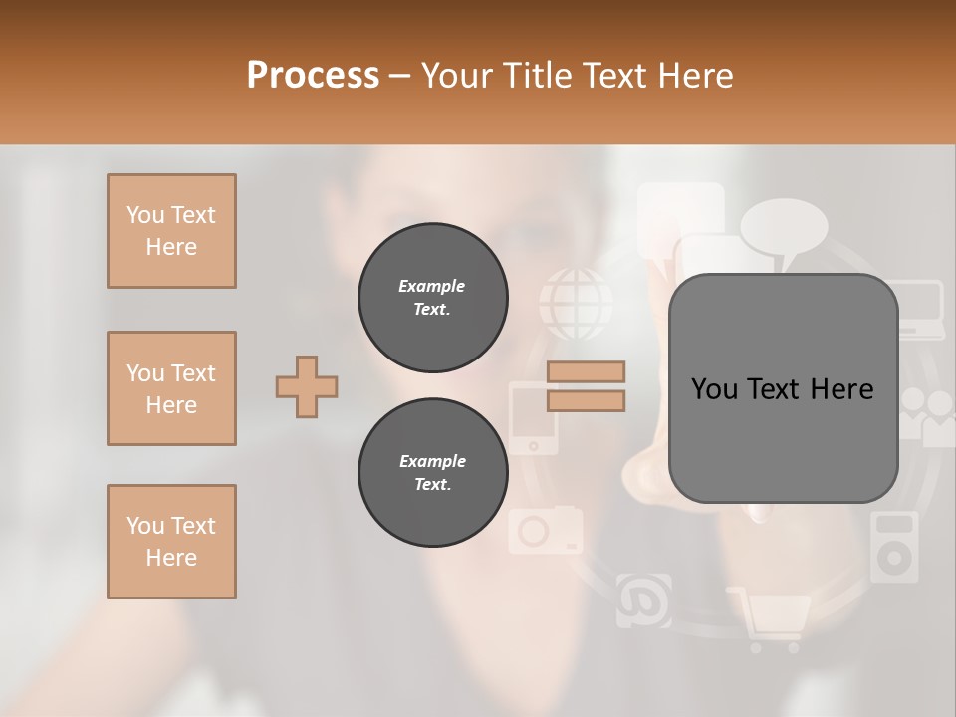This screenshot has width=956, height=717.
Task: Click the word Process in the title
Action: click(x=313, y=76)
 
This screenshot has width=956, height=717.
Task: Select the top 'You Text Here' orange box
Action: click(x=171, y=231)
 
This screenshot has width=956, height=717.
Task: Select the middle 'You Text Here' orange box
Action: click(x=171, y=388)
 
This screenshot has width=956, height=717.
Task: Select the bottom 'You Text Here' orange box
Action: click(x=171, y=542)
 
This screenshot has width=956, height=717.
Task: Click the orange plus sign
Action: click(x=307, y=386)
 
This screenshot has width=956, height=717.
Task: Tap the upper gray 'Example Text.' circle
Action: click(x=432, y=298)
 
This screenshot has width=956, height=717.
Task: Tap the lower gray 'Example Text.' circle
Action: click(x=432, y=473)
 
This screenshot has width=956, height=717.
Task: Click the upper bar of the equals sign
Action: click(x=586, y=371)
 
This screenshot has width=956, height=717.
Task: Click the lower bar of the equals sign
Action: click(x=586, y=400)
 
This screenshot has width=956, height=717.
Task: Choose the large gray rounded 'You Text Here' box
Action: click(x=783, y=388)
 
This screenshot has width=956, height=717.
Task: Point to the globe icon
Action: click(x=576, y=302)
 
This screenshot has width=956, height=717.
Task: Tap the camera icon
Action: click(x=545, y=530)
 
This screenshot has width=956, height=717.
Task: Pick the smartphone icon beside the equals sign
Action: click(x=533, y=418)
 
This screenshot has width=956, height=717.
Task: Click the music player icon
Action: click(x=893, y=547)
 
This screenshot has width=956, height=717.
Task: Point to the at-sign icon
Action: click(x=643, y=600)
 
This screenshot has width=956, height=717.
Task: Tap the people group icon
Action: click(x=926, y=413)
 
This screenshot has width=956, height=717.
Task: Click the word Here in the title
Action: click(x=692, y=76)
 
